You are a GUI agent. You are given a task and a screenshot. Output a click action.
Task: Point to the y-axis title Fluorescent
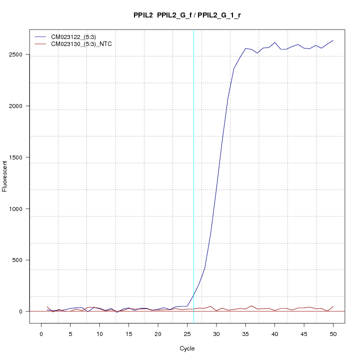pos(5,175)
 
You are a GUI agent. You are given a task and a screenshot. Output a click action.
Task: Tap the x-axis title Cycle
pos(187,348)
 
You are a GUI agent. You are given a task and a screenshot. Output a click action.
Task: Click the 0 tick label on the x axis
pos(41,333)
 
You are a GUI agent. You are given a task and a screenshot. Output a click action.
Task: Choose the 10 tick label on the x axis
pos(99,333)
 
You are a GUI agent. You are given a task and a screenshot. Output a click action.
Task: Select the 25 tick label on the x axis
pos(187,333)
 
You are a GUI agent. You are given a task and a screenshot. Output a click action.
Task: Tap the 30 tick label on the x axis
pos(216,333)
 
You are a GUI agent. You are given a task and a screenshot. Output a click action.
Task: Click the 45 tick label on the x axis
pos(303,333)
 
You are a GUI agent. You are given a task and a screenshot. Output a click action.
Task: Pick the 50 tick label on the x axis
pos(333,333)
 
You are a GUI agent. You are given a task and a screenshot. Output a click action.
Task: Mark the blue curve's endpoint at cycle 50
pos(333,40)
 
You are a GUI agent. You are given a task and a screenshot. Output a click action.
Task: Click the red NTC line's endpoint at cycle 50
pos(333,306)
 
